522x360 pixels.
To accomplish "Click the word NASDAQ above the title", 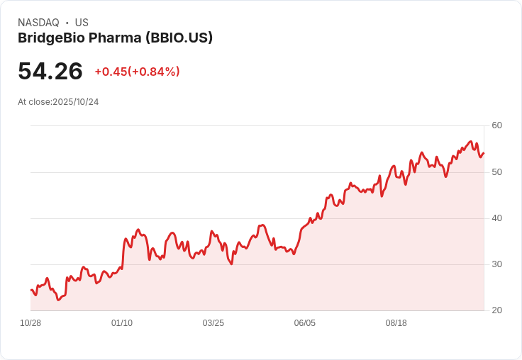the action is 38,23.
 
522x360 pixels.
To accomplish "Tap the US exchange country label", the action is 82,23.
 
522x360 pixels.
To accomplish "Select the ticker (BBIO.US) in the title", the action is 179,38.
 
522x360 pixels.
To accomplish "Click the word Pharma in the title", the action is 115,38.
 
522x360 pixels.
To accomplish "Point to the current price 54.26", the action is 50,71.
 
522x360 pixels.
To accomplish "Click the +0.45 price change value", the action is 111,72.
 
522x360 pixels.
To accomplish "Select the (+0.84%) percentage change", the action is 154,72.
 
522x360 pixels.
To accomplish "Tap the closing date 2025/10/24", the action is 76,102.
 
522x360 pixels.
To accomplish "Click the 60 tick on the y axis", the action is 496,125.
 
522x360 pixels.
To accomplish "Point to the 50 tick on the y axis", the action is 496,172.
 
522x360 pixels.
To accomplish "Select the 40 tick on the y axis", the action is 496,218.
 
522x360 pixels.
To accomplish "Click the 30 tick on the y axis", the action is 496,264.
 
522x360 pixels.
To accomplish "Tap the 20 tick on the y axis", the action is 496,310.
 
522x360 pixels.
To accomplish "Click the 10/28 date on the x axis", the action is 30,323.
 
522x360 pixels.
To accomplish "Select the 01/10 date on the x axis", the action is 122,323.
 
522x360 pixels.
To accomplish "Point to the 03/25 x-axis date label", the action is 213,323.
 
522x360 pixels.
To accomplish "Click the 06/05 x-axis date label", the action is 304,323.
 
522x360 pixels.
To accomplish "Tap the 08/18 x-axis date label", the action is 396,323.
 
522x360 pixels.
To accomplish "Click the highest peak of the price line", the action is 470,142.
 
